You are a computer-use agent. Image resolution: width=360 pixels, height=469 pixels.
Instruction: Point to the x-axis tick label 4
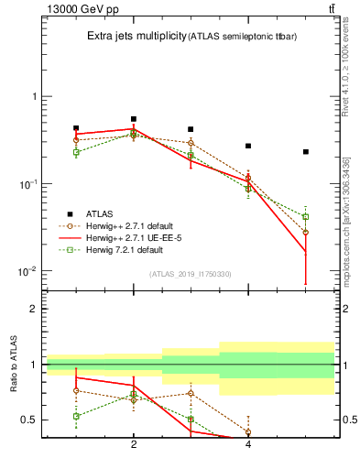pos(248,444)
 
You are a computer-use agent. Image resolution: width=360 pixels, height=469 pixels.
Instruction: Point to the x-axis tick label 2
pos(134,444)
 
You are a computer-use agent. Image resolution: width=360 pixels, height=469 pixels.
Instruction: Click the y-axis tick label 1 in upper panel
pos(35,96)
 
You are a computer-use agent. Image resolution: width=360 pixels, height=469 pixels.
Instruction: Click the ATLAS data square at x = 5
pos(305,151)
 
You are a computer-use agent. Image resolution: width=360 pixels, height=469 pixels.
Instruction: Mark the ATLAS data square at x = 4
pos(248,146)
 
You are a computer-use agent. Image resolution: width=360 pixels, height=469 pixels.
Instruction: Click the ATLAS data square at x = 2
pos(134,119)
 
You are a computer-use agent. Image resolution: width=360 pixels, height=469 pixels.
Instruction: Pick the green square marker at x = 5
pos(305,217)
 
